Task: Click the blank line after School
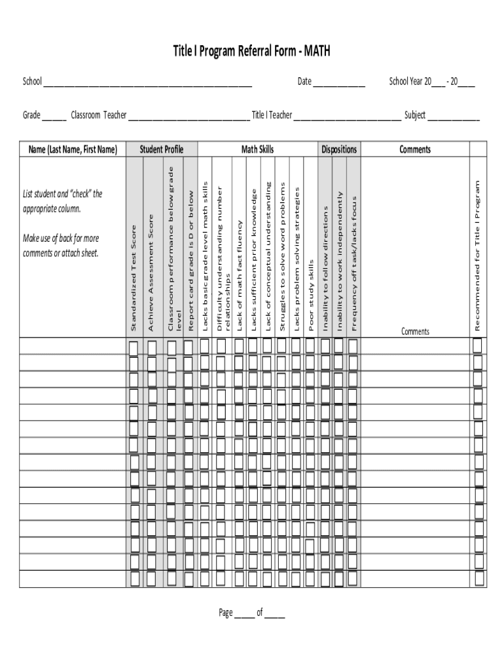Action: [147, 85]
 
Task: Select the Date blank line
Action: [338, 85]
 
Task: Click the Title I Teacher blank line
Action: [347, 119]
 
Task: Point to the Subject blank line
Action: [453, 119]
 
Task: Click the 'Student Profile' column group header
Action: [162, 149]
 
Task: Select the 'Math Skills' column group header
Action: [258, 149]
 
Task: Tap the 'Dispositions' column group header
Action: [339, 149]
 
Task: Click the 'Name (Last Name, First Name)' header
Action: [73, 149]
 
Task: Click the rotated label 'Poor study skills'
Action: [312, 295]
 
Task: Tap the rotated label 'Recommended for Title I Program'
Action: [478, 256]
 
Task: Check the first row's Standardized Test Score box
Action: [134, 346]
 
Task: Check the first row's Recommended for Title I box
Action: [478, 345]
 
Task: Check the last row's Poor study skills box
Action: [309, 579]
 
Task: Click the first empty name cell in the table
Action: [73, 346]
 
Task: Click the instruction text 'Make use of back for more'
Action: [61, 239]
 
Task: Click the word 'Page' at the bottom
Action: [226, 613]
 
